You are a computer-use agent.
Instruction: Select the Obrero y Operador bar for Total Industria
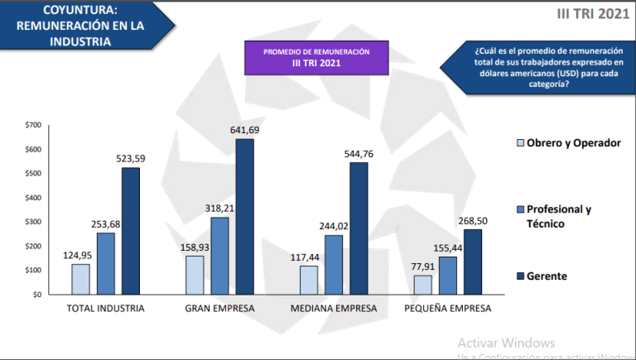pyautogui.click(x=80, y=279)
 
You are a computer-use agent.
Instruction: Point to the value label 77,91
pyautogui.click(x=422, y=266)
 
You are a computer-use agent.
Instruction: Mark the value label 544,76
pyautogui.click(x=359, y=153)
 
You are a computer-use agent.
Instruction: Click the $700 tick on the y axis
pyautogui.click(x=32, y=125)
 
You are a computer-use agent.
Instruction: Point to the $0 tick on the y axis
pyautogui.click(x=36, y=295)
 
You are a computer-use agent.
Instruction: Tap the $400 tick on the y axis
pyautogui.click(x=32, y=198)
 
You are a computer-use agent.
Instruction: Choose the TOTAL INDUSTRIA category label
pyautogui.click(x=105, y=309)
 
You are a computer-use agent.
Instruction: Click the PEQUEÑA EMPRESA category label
pyautogui.click(x=448, y=309)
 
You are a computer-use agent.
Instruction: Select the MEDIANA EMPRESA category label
pyautogui.click(x=334, y=309)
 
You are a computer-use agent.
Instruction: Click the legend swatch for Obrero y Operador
pyautogui.click(x=520, y=143)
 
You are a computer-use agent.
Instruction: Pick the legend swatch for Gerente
pyautogui.click(x=520, y=276)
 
